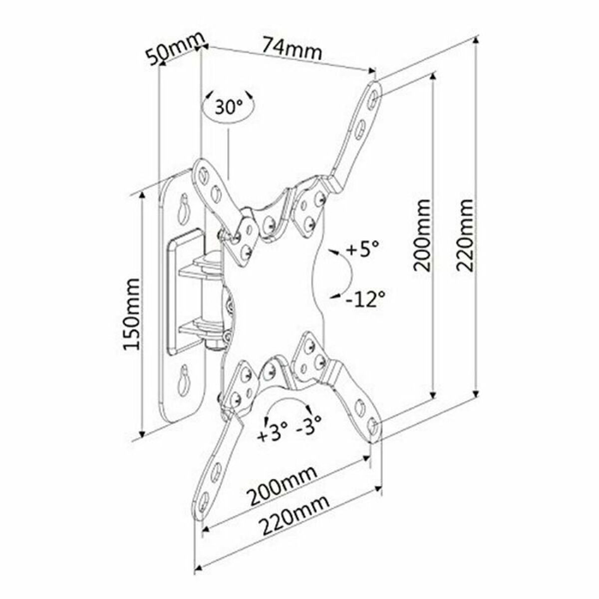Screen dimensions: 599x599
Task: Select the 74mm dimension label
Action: [x=293, y=48]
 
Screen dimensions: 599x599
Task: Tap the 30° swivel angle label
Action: [x=229, y=106]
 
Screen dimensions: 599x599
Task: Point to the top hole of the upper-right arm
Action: [x=374, y=98]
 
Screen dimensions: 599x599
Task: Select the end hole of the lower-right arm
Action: [x=373, y=425]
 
